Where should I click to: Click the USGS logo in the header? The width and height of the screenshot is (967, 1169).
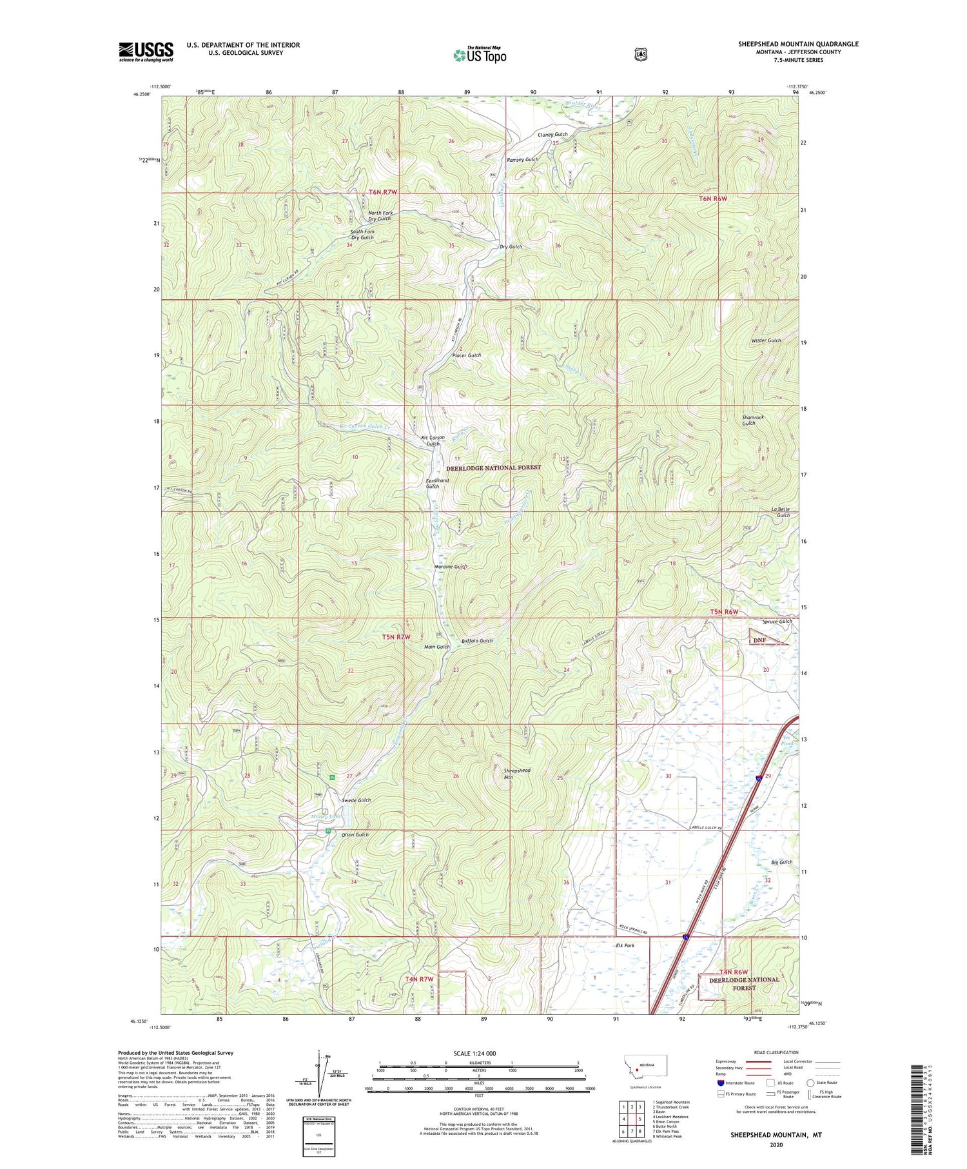click(x=146, y=51)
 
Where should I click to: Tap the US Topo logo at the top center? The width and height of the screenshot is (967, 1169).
click(x=480, y=54)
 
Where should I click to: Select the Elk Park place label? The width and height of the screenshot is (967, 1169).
click(x=621, y=946)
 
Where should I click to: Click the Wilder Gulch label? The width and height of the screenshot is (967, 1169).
click(x=766, y=340)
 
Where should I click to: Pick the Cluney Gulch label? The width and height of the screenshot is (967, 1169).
click(x=552, y=135)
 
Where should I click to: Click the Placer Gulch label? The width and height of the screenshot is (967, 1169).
click(x=466, y=355)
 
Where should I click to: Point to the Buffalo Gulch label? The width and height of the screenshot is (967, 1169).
click(x=477, y=641)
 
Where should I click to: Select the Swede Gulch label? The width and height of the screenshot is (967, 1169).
click(x=356, y=800)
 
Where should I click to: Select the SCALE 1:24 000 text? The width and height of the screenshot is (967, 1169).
click(x=474, y=1054)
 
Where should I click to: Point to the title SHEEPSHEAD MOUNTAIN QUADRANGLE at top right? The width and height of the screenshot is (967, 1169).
click(x=798, y=44)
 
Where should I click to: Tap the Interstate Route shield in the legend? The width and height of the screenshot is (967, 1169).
click(x=720, y=1083)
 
